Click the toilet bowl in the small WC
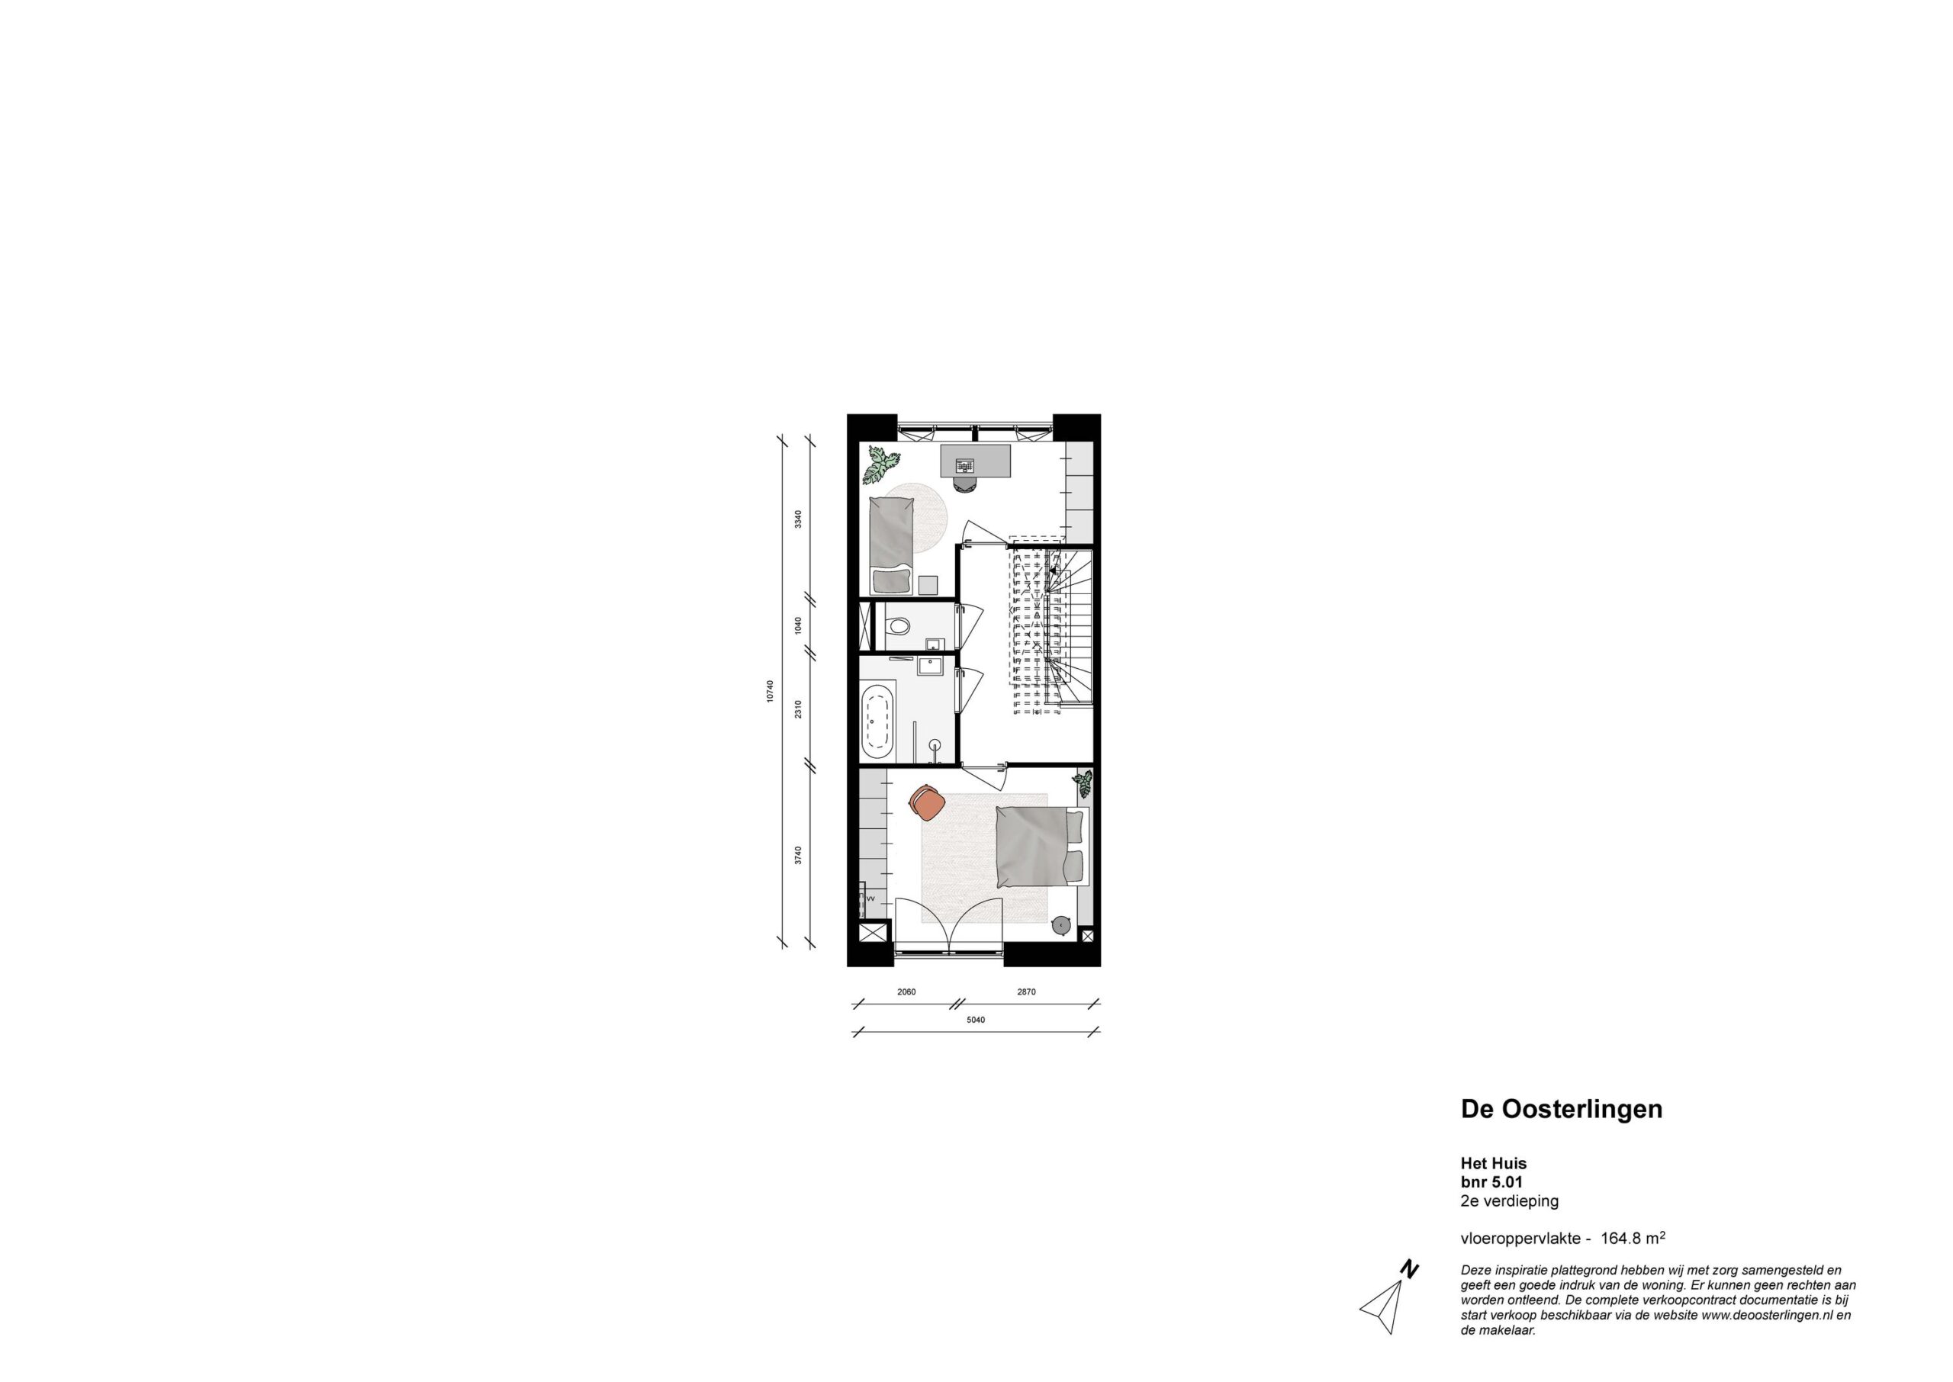tap(896, 627)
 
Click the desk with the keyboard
tap(975, 461)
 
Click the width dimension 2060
tap(906, 992)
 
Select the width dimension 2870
tap(1026, 992)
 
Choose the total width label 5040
tap(975, 1020)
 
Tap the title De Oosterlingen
tap(1562, 1110)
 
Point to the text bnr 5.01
tap(1491, 1182)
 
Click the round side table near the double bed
tap(1061, 924)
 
